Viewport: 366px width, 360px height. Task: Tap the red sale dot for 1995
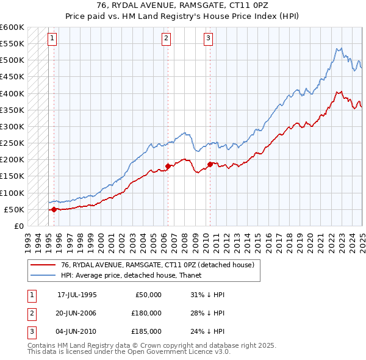coord(54,209)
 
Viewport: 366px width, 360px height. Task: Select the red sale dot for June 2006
coord(168,166)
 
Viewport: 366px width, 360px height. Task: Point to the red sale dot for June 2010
coord(210,164)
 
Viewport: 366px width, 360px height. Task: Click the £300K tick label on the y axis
coord(12,127)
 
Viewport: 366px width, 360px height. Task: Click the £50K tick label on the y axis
coord(15,210)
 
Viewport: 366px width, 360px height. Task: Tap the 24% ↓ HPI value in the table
coord(207,331)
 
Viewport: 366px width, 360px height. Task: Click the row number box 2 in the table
coord(30,313)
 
